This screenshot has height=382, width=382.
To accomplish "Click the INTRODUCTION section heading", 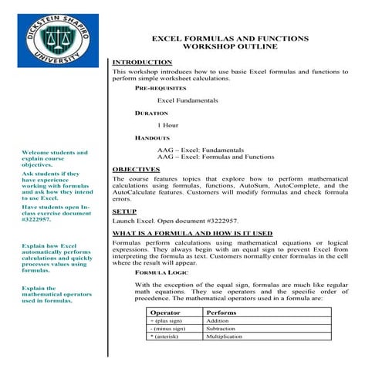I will coord(142,62).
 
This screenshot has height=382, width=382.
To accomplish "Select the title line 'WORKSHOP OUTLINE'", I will coord(228,46).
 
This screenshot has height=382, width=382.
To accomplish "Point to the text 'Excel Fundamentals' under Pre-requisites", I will coord(188,101).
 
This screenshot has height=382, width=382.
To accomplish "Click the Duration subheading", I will coord(151,113).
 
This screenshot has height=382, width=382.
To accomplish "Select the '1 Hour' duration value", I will coord(168,125).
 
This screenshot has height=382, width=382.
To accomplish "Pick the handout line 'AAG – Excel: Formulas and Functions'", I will coord(215,157).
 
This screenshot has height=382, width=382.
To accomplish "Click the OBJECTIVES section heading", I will coord(136,169).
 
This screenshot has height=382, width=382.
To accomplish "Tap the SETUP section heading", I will coord(124,211).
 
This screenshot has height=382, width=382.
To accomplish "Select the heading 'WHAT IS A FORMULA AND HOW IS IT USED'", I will coord(192,233).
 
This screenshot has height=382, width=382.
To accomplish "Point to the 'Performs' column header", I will coord(222,313).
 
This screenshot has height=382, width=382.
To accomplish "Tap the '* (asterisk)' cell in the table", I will coord(170,338).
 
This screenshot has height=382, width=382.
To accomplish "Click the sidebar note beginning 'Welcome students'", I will coord(55,159).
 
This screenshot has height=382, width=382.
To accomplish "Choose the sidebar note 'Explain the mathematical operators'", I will coord(54,294).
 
